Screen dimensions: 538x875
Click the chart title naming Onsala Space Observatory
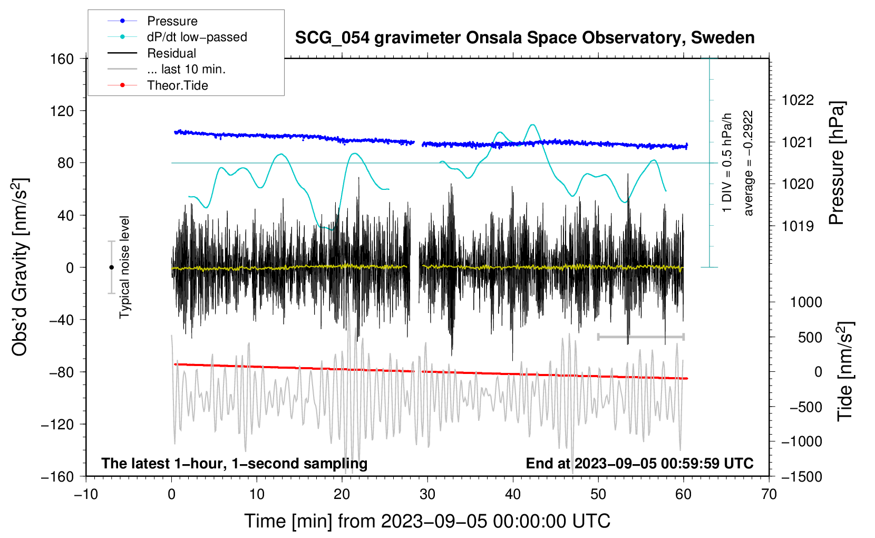524,38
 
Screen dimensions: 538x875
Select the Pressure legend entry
172,21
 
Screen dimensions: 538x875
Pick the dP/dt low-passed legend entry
197,37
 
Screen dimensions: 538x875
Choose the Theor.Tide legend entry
177,85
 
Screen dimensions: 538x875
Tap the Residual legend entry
171,53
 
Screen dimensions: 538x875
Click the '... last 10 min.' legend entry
186,69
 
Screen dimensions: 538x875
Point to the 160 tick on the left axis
62,59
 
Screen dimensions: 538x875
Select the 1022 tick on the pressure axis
798,100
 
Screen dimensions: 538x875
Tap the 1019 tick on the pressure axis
798,226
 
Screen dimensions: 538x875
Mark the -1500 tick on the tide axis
801,477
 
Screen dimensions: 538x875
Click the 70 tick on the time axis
769,494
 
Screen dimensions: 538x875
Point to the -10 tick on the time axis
86,494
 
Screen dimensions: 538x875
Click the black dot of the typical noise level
111,267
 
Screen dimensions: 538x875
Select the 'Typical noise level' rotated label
124,267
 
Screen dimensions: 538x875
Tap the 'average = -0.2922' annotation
748,163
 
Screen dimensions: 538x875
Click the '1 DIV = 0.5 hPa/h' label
727,162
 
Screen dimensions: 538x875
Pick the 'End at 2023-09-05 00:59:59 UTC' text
639,463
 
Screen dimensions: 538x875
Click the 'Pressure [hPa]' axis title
837,163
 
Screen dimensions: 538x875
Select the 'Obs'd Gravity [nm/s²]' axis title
20,267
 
